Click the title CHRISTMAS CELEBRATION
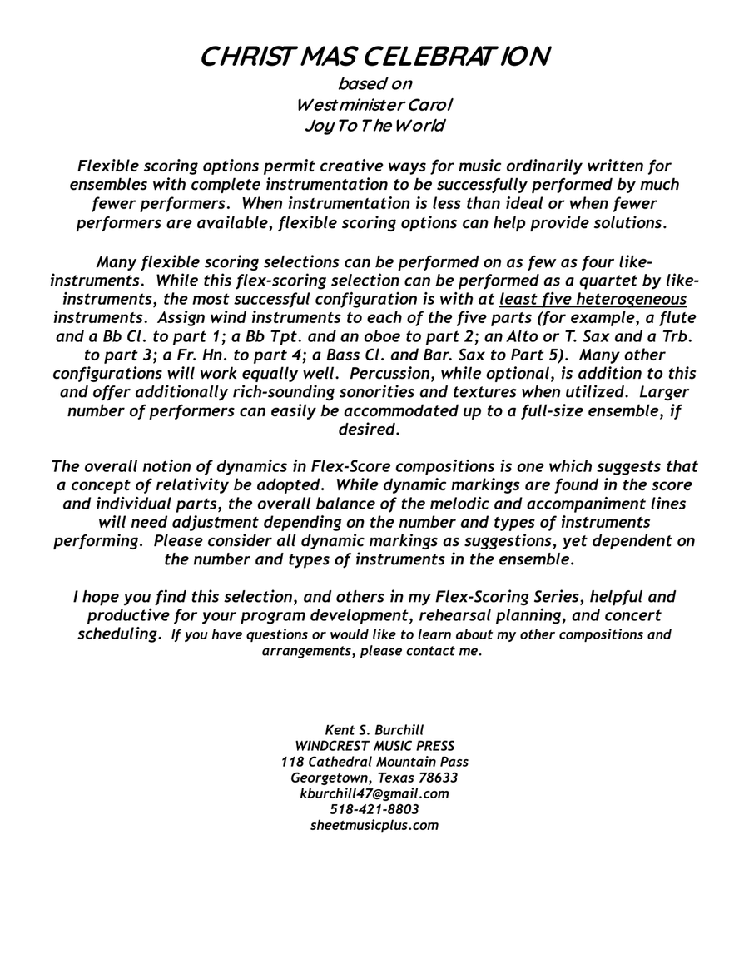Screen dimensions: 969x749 [374, 57]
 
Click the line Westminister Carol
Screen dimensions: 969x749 [374, 105]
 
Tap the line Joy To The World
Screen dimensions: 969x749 [374, 126]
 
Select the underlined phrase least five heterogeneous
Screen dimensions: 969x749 [593, 300]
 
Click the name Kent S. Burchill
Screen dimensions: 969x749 [374, 730]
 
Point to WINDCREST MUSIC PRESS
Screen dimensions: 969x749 [374, 746]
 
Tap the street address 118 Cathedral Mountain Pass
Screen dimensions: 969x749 [374, 762]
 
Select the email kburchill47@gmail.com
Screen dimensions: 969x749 [374, 793]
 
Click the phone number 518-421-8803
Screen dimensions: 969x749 [374, 809]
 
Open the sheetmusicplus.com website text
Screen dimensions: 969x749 [374, 825]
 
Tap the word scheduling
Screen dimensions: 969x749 [118, 634]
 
